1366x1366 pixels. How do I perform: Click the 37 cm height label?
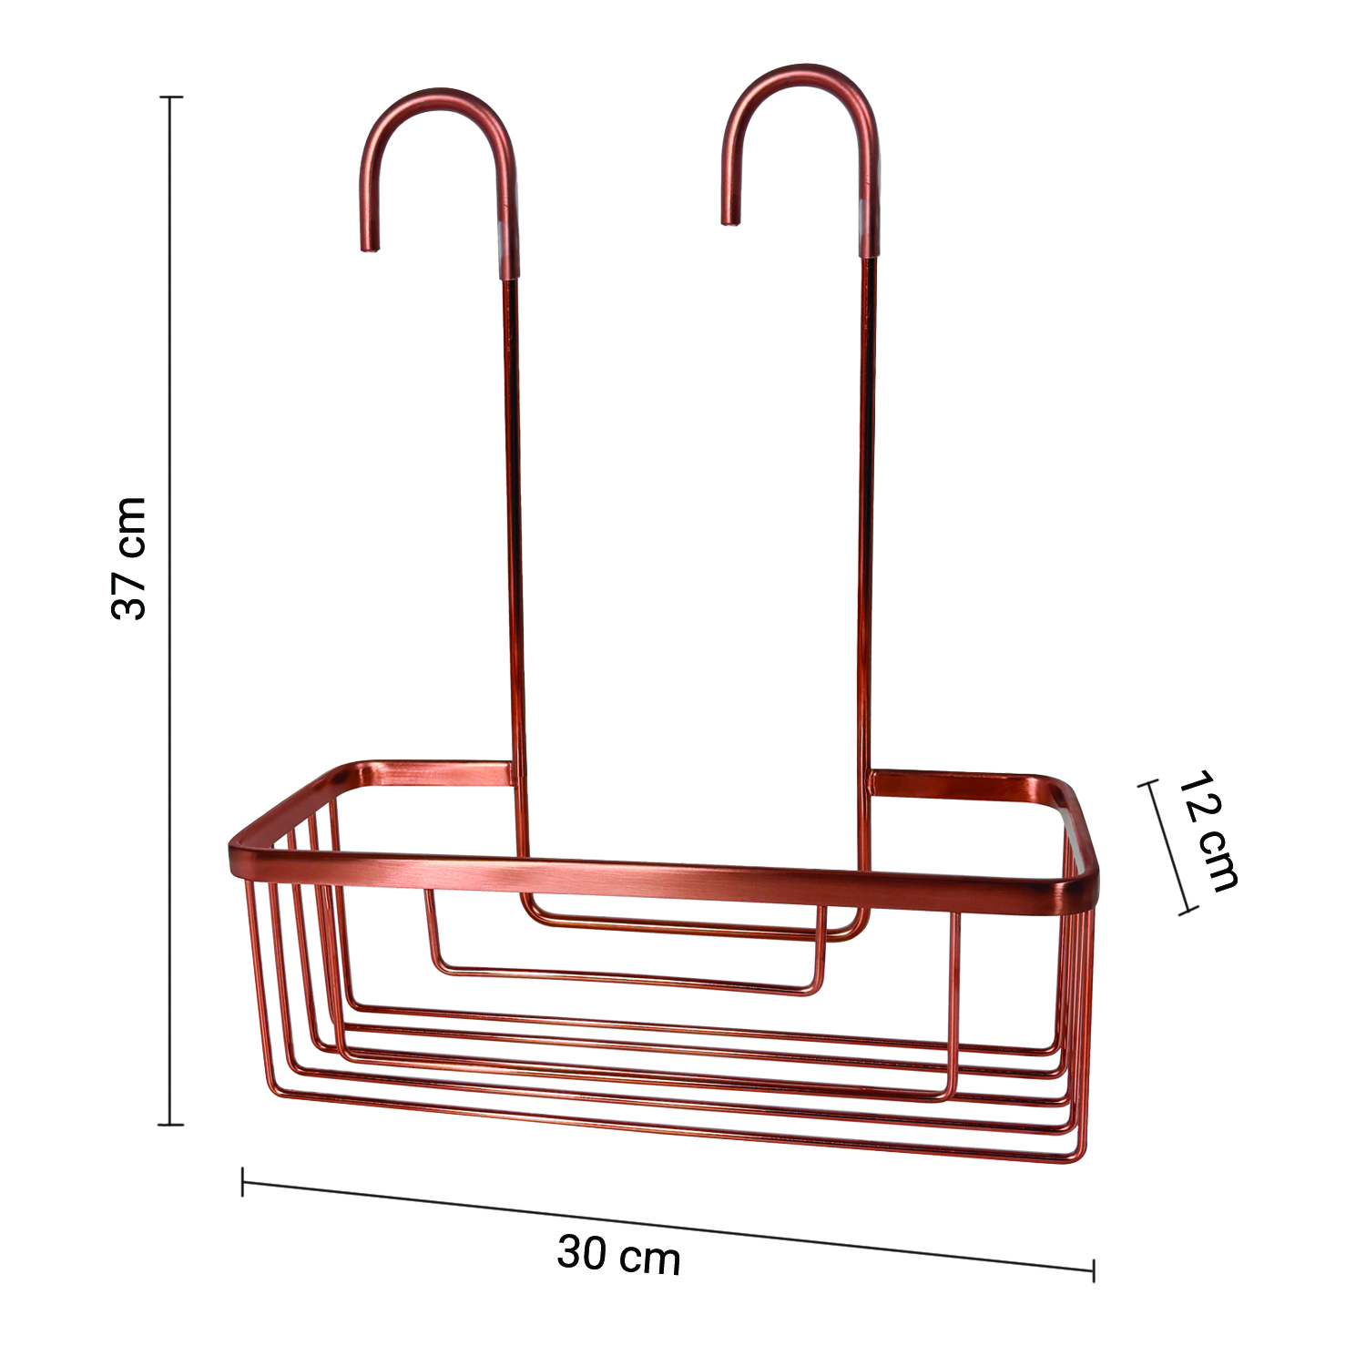tap(128, 558)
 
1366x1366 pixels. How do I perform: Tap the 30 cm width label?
tap(619, 1254)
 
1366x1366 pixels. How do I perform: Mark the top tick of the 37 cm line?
tap(170, 97)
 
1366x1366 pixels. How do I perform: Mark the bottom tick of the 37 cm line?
tap(170, 1125)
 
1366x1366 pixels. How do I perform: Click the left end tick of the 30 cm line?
tap(242, 1181)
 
